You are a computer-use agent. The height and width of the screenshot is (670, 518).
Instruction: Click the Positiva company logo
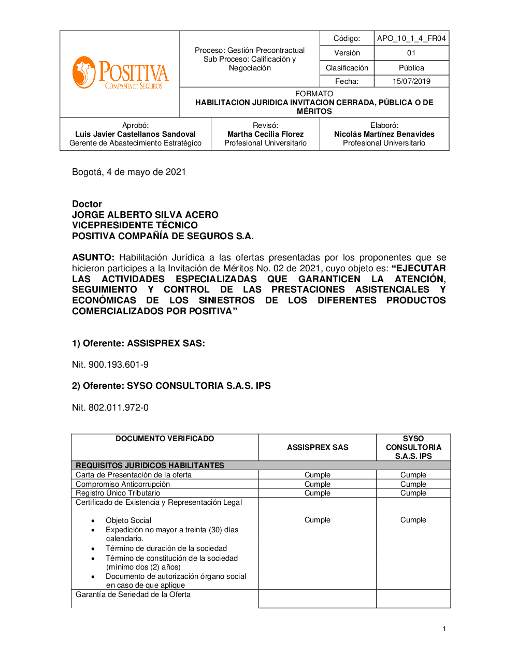click(120, 74)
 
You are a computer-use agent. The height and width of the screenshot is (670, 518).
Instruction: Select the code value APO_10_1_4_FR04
click(411, 38)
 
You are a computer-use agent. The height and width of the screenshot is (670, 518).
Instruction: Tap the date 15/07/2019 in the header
click(411, 81)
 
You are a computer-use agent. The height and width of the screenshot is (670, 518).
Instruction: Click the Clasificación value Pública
click(411, 68)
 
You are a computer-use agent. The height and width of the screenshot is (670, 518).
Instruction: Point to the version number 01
click(411, 53)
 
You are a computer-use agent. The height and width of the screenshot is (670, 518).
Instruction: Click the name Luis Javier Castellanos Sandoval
click(135, 134)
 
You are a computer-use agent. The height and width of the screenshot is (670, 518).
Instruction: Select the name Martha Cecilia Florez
click(265, 134)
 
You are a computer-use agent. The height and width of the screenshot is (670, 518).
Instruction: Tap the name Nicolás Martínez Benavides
click(384, 134)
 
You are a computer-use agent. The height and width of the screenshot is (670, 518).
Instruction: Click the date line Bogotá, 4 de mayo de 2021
click(129, 172)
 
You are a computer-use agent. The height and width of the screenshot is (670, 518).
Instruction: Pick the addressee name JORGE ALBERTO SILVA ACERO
click(145, 215)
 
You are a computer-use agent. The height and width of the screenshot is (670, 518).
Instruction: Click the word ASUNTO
click(93, 257)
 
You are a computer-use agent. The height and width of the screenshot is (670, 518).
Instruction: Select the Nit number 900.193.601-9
click(118, 365)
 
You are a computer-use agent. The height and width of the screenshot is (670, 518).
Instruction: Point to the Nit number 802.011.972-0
click(118, 407)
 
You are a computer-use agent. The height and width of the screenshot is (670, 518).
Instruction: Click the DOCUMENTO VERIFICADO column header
click(165, 439)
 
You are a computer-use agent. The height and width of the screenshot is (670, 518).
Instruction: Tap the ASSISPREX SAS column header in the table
click(318, 447)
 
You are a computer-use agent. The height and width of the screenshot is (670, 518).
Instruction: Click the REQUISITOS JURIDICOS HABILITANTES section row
click(150, 465)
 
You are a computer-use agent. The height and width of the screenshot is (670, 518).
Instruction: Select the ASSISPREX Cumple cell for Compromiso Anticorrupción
click(318, 484)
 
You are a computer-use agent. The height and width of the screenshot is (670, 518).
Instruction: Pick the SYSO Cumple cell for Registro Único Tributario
click(413, 493)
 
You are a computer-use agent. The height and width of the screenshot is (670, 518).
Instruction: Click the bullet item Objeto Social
click(128, 520)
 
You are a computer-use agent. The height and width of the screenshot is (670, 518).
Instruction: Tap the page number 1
click(444, 629)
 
